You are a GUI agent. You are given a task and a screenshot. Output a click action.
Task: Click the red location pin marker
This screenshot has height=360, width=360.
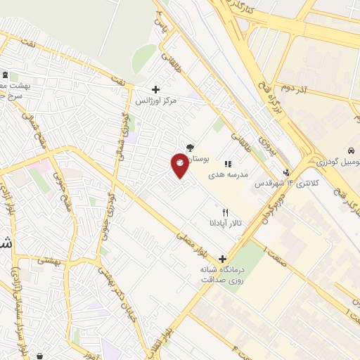coord(179,165)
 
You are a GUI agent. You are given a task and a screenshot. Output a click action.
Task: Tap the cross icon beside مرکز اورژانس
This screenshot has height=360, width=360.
coord(156,90)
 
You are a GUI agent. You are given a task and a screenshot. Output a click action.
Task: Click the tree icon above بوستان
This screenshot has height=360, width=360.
coord(190,148)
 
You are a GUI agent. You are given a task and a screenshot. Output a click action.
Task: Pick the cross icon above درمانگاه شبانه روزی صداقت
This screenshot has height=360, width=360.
coord(222,259)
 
